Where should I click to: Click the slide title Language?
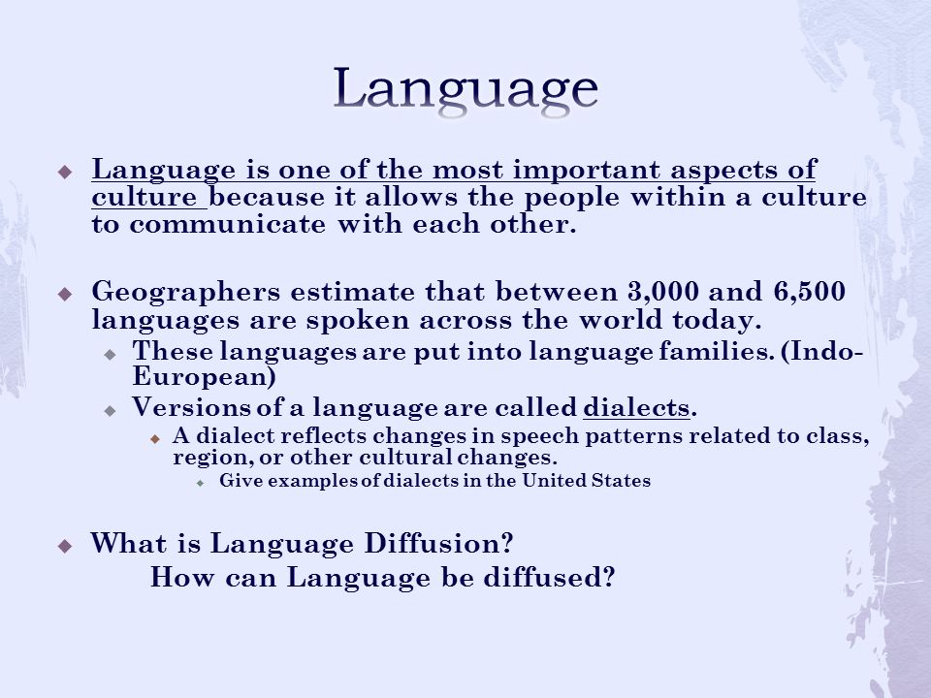pos(465,89)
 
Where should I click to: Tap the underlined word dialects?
pos(636,407)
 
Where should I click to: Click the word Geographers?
pos(186,293)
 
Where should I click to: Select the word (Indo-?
pos(821,351)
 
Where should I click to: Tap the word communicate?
pos(227,224)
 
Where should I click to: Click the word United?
pos(554,480)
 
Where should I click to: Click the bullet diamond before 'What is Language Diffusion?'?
pos(65,546)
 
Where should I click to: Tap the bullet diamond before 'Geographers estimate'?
pos(65,293)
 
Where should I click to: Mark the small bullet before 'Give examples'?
pos(201,483)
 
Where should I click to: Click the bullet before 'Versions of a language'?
pos(110,410)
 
